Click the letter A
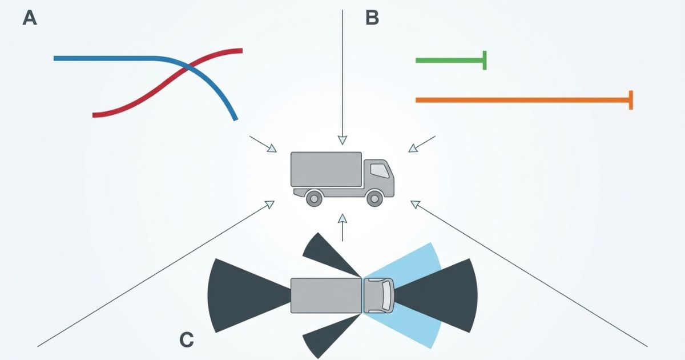(x=30, y=18)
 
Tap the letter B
(x=372, y=18)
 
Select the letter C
(x=187, y=340)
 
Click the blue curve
(x=103, y=58)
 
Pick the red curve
(x=131, y=103)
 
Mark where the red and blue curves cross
(x=186, y=68)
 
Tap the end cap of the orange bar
(x=631, y=100)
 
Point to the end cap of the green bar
(x=485, y=60)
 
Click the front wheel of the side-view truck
(x=374, y=198)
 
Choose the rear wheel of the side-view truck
(x=313, y=198)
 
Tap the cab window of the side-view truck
(x=378, y=170)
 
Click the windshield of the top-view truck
(x=388, y=295)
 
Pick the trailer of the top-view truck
(x=326, y=295)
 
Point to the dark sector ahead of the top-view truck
(x=445, y=295)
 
